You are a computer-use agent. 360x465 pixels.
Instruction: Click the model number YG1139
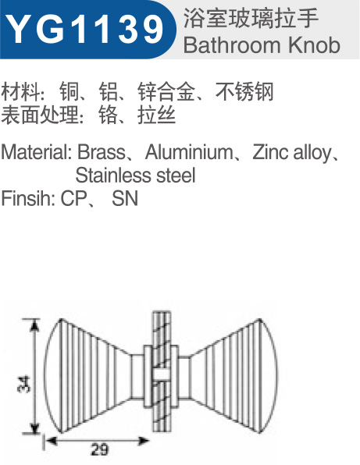(x=84, y=29)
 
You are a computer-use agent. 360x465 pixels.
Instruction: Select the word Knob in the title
(x=314, y=45)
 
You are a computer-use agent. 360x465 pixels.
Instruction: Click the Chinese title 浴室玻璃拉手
(x=251, y=19)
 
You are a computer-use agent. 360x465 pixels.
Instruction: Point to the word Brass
(x=101, y=152)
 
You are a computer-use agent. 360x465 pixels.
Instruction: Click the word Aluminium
(x=189, y=152)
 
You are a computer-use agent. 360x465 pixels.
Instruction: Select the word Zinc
(x=271, y=152)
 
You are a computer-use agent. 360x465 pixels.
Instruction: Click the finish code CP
(x=73, y=198)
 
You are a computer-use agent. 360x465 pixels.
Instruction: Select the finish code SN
(x=125, y=198)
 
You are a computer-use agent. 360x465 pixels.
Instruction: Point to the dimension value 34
(x=24, y=384)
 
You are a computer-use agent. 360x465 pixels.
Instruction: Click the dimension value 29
(x=100, y=449)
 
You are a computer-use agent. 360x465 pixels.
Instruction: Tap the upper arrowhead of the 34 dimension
(x=35, y=325)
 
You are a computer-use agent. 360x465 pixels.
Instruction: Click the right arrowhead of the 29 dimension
(x=144, y=441)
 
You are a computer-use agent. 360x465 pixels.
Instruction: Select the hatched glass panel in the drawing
(x=162, y=371)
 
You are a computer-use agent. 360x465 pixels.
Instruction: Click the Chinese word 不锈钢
(x=244, y=91)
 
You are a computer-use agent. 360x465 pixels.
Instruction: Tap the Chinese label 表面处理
(x=40, y=115)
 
